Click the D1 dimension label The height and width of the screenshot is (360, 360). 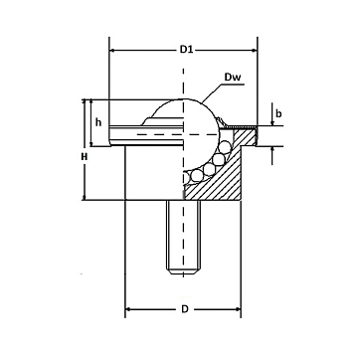click(x=186, y=50)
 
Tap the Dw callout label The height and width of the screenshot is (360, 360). click(x=233, y=78)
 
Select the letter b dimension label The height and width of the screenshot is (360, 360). click(x=278, y=113)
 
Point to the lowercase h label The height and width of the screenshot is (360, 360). click(x=98, y=122)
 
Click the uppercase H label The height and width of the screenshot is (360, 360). click(x=85, y=157)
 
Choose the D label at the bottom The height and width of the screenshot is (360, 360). click(x=185, y=309)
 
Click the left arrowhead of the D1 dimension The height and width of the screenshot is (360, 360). click(x=112, y=51)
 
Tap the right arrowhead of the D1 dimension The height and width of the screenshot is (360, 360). click(x=255, y=51)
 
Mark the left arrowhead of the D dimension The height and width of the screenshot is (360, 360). click(x=128, y=309)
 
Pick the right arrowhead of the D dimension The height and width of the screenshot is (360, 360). click(x=238, y=309)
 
